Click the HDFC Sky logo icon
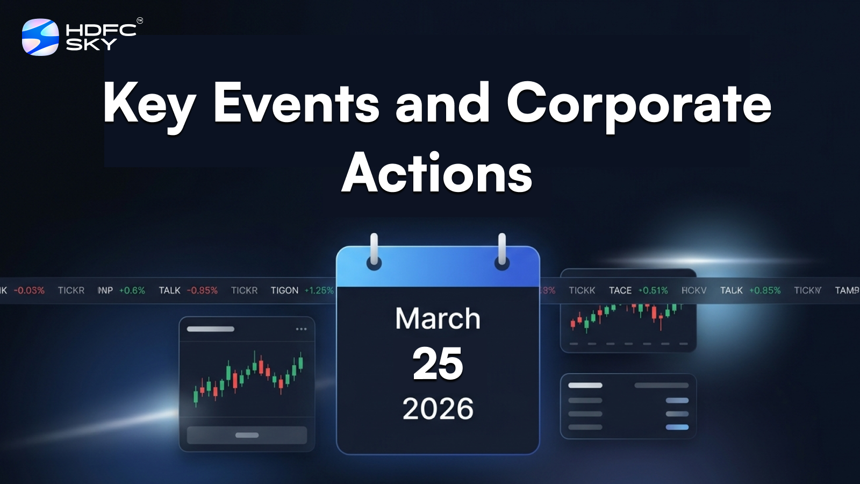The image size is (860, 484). point(40,37)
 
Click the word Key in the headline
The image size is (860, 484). point(149,104)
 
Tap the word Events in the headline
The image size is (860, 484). point(296,103)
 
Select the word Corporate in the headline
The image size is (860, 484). point(639,104)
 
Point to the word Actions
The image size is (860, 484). point(437,173)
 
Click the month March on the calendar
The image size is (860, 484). point(438,318)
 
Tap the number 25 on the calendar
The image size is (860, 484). point(438,364)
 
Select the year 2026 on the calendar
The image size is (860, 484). point(438,409)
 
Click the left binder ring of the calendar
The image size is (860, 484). point(374,252)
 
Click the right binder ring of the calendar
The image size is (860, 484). point(501,252)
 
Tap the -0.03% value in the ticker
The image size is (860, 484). point(29,290)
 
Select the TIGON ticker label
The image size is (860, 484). point(284,290)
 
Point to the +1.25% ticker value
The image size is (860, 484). point(319,290)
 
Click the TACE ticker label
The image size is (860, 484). point(620,290)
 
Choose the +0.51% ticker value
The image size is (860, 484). point(653,290)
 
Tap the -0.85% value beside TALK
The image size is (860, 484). point(202,290)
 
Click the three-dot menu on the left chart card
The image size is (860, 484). point(301,329)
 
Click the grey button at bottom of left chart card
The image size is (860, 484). point(247,435)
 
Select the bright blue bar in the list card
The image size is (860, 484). point(677,427)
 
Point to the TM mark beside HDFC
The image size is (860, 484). point(140,21)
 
